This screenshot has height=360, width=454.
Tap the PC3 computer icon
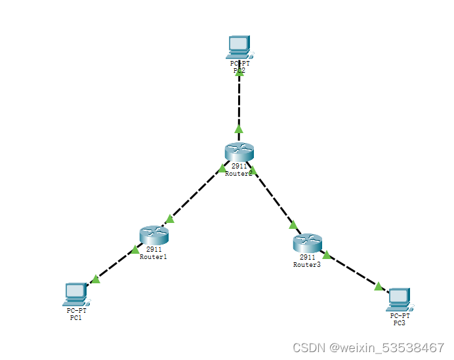399,299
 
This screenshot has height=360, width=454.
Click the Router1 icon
154,235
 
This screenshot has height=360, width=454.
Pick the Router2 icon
239,152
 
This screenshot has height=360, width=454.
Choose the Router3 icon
307,244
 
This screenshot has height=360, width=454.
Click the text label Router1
154,257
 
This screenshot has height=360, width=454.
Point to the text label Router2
238,174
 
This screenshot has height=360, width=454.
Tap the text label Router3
307,265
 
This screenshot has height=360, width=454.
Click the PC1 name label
76,317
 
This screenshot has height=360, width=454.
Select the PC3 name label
399,323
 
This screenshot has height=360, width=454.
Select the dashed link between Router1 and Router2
196,194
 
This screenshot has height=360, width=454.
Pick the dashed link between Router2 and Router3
274,197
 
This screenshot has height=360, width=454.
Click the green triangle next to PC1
96,279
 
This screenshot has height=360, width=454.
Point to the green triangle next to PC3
379,285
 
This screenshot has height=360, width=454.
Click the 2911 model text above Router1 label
154,250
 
